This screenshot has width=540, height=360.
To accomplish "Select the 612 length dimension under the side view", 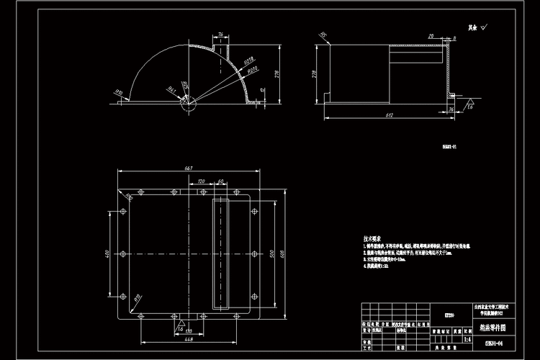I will tap(389, 114).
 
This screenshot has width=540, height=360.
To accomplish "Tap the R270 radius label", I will tap(253, 71).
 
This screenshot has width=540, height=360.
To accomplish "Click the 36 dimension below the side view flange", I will tap(451, 109).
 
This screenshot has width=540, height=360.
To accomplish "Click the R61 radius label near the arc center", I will tap(172, 89).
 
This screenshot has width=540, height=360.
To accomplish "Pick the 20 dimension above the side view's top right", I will tap(430, 35).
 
